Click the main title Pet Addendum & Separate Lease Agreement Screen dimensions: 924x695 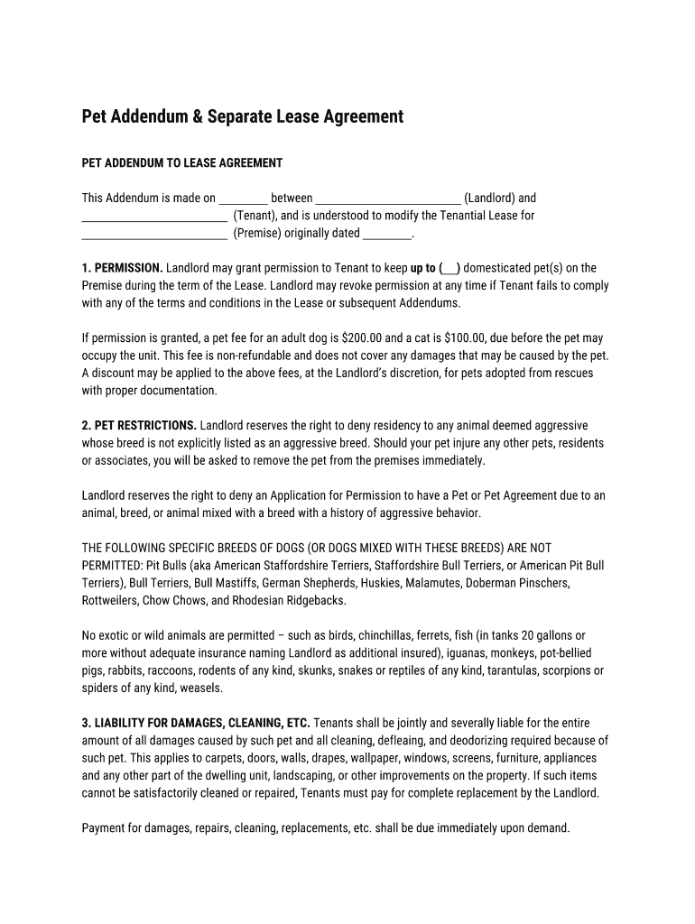click(x=243, y=117)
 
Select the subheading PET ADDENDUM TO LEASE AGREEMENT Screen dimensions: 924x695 click(x=182, y=163)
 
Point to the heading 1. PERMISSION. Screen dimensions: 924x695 click(x=123, y=268)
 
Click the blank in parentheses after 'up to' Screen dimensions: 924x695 click(x=449, y=269)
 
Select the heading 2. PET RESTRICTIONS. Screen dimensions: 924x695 click(x=139, y=426)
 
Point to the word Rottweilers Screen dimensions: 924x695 click(x=113, y=601)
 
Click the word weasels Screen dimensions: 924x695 click(x=202, y=688)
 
